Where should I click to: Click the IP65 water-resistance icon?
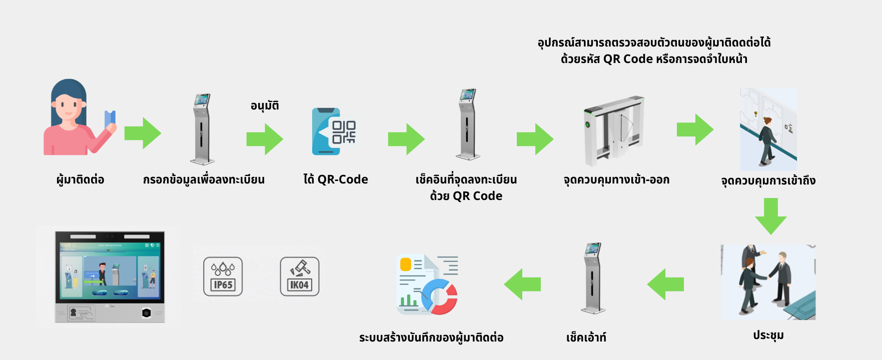(x=223, y=276)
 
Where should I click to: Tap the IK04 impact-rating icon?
(x=299, y=276)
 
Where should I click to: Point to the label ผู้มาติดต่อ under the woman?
(x=80, y=179)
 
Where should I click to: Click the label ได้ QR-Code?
(x=336, y=179)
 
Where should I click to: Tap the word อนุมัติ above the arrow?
(x=265, y=105)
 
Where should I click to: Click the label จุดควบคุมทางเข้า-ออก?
(x=616, y=179)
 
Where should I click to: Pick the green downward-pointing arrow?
(x=770, y=216)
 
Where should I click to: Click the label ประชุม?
(x=768, y=335)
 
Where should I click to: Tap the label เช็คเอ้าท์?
(x=586, y=337)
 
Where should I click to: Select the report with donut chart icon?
(x=428, y=284)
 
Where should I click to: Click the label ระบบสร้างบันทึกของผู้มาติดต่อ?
(x=431, y=337)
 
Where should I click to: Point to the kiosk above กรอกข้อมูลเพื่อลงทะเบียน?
(x=202, y=129)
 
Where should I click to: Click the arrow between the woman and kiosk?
(x=143, y=133)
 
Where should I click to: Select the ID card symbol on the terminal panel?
(x=81, y=313)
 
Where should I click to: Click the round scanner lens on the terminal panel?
(x=146, y=313)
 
